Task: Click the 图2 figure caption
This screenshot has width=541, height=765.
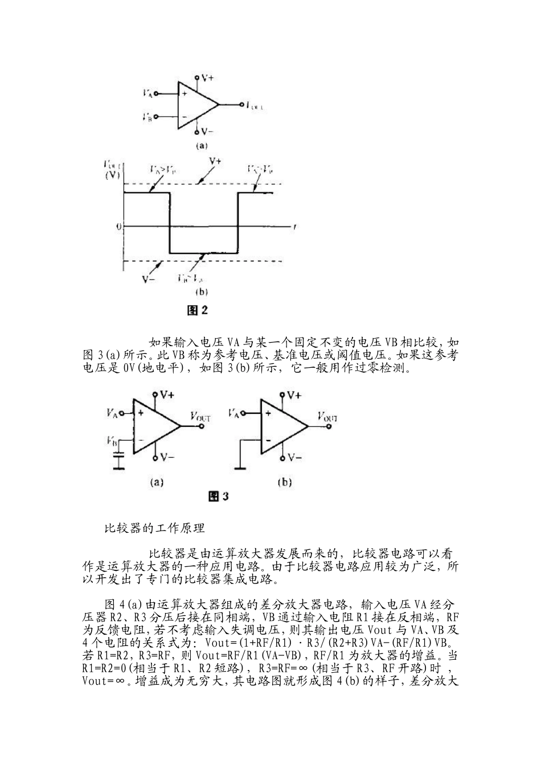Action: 198,310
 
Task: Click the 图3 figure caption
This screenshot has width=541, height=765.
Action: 218,496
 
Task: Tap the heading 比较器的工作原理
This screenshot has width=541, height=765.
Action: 154,528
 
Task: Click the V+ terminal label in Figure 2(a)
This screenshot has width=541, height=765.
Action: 207,77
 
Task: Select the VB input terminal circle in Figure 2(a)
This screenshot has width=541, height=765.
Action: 155,117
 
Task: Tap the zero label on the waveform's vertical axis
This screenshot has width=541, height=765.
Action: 118,227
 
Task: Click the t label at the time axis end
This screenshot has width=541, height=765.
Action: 293,227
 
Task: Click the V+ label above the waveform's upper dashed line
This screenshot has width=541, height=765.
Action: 215,161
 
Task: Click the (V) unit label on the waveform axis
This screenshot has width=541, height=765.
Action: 112,176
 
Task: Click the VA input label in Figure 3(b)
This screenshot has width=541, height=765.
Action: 234,413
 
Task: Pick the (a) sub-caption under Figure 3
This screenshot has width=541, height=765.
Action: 157,482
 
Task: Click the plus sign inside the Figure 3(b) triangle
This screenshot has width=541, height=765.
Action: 268,414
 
